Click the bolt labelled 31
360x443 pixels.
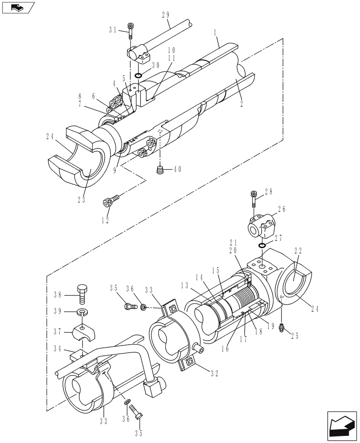coord(130,30)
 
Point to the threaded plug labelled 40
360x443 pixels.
coord(160,170)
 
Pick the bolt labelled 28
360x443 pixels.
coord(254,198)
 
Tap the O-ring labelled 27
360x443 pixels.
coord(262,245)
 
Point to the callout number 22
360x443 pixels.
coord(297,250)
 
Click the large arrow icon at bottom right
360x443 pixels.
coord(341,424)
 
